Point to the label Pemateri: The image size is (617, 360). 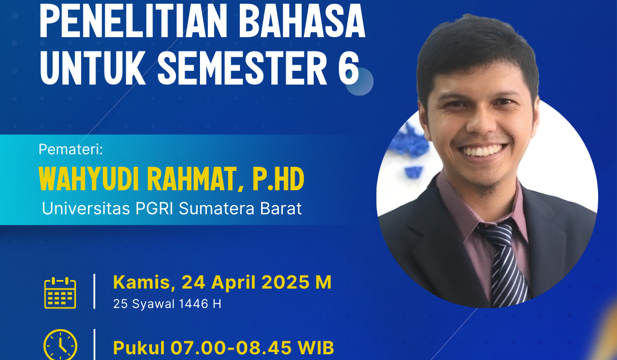[70, 150]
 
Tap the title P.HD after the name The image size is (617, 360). [278, 179]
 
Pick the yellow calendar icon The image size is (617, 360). [60, 293]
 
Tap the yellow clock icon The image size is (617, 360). [60, 345]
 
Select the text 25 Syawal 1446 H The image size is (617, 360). [167, 304]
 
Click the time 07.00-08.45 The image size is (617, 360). [231, 348]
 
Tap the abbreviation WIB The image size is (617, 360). [316, 348]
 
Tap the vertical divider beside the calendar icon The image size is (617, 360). [94, 291]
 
